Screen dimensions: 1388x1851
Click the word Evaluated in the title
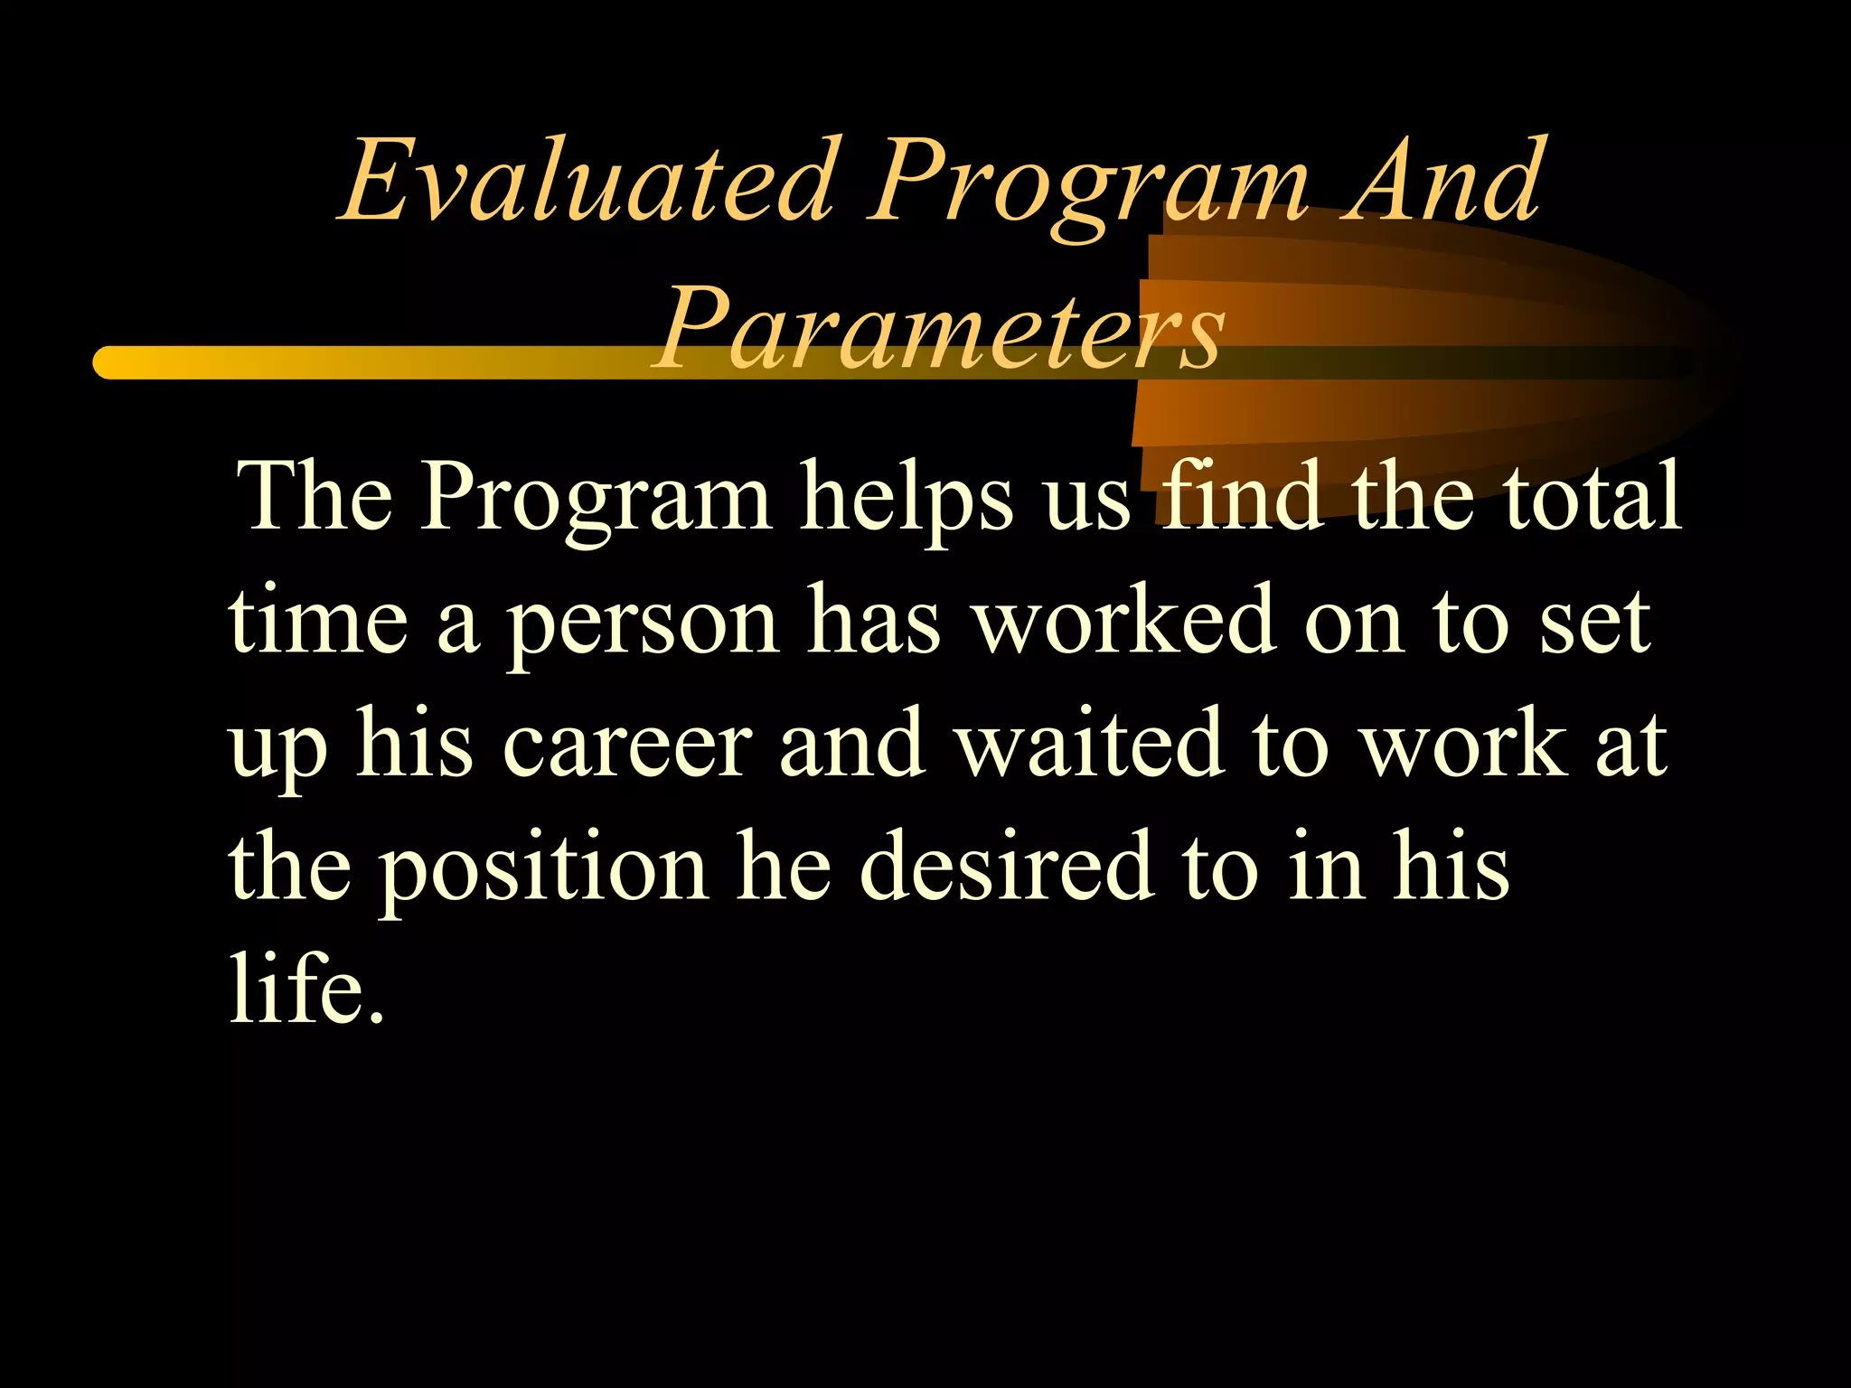tap(586, 181)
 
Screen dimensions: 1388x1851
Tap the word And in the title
tap(1443, 181)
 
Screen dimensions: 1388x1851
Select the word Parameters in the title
tap(940, 327)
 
